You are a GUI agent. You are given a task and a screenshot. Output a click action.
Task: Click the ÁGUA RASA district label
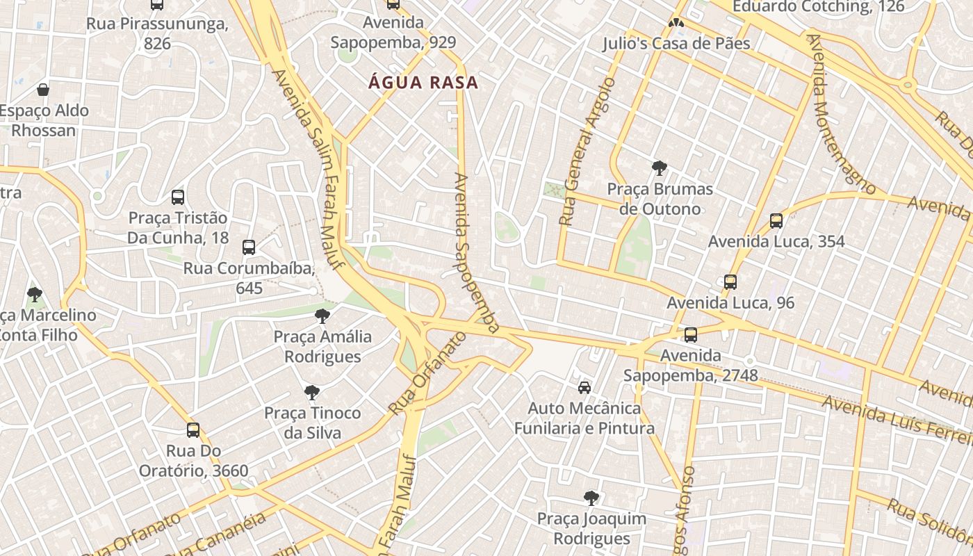tap(423, 83)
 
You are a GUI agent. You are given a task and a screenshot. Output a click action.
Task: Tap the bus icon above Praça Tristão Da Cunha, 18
tap(178, 197)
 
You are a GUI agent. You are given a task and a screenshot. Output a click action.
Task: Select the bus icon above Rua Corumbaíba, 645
tap(249, 247)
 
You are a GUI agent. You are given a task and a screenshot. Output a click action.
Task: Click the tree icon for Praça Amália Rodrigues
tap(322, 316)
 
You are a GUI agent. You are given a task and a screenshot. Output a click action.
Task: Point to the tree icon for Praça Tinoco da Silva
tap(312, 393)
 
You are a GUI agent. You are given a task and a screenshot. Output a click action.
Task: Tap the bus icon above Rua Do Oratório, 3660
tap(193, 430)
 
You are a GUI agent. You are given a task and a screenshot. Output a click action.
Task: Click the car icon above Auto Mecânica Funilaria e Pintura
tap(584, 387)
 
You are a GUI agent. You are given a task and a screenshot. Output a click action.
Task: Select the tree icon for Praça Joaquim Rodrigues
tap(591, 498)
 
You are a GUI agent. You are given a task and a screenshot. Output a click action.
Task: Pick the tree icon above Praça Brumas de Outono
tap(660, 167)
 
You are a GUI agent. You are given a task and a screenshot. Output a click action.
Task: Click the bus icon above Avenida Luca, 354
tap(776, 221)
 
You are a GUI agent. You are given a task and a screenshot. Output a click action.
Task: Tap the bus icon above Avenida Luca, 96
tap(730, 282)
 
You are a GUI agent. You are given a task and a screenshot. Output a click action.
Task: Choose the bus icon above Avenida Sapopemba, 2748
tap(691, 335)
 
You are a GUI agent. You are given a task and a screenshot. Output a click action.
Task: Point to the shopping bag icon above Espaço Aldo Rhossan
tap(43, 90)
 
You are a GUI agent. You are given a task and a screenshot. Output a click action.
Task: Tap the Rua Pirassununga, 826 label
tap(157, 33)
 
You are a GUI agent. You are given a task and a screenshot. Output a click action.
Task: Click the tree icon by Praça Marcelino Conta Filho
tap(34, 295)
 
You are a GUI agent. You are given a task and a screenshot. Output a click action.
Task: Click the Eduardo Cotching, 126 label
tap(819, 7)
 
